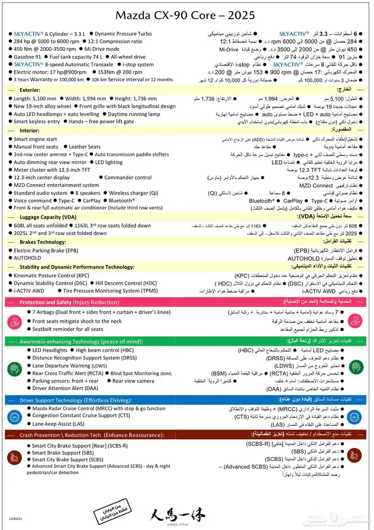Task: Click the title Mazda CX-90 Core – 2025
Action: tap(187, 14)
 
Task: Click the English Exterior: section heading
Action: tap(30, 90)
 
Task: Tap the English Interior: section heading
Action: tap(29, 130)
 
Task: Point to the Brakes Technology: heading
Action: tap(43, 241)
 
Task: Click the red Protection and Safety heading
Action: tap(69, 302)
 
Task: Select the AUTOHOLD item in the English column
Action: tap(27, 258)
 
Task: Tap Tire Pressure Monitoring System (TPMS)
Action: tap(111, 291)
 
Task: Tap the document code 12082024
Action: tap(15, 518)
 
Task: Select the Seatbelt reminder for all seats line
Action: tap(68, 329)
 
